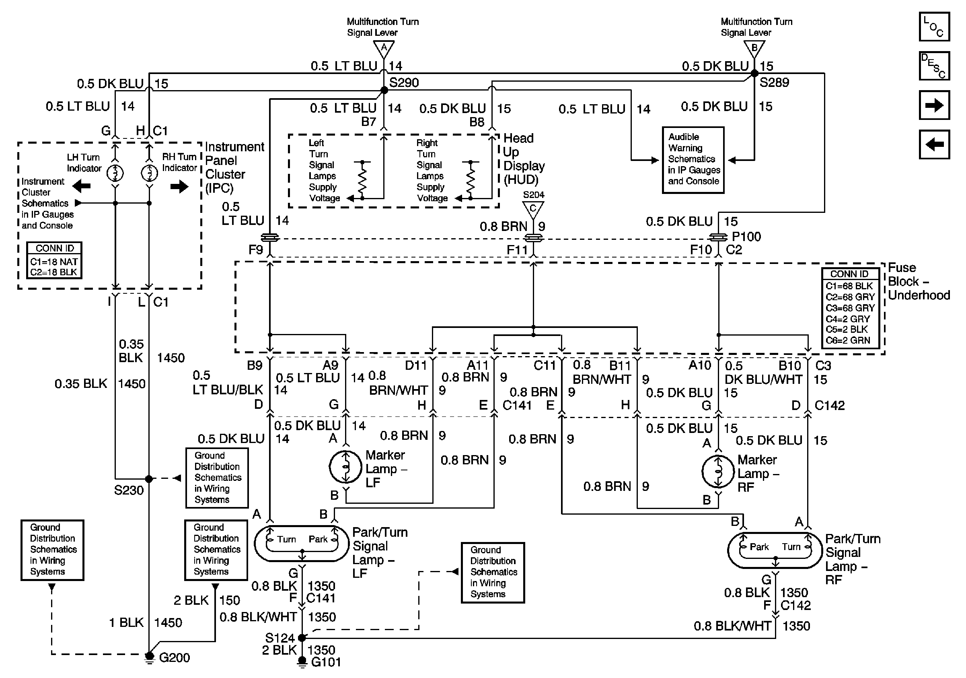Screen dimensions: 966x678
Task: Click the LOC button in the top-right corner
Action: coord(935,27)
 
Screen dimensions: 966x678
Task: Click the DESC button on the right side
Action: coord(935,66)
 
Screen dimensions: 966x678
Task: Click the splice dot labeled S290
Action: coord(384,90)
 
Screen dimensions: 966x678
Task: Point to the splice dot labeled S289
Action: coord(754,73)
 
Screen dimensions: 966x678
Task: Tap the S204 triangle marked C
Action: coord(533,210)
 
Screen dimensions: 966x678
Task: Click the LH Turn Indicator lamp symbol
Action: coord(115,173)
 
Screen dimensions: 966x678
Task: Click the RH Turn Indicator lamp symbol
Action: coord(149,173)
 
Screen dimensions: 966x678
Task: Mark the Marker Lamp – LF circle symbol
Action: coord(345,467)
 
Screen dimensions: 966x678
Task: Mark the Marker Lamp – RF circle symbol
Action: coord(718,471)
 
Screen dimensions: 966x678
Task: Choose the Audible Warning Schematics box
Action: coord(693,160)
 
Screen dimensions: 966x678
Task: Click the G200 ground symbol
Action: coord(149,657)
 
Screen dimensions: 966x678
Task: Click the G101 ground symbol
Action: coord(302,662)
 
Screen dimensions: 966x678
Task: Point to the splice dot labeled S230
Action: coord(149,478)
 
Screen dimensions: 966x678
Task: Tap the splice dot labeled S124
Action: coord(302,638)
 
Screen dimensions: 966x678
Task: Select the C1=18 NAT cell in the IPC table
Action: coord(54,262)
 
